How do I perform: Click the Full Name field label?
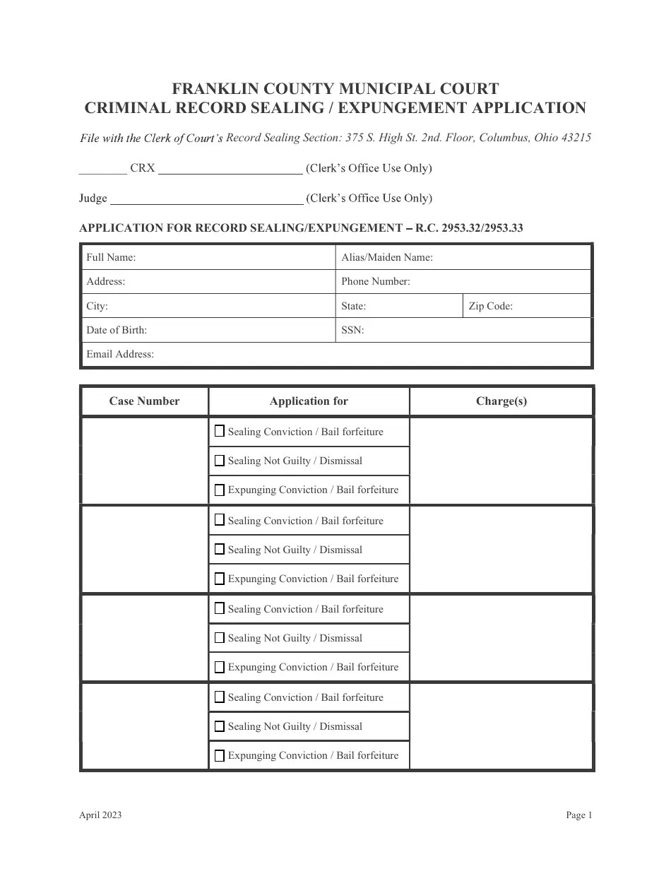click(x=111, y=257)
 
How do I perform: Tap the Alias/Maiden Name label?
click(x=387, y=257)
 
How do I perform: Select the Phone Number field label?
click(x=376, y=281)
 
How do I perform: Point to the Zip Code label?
click(x=491, y=306)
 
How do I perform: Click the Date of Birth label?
click(x=117, y=330)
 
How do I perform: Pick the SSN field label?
click(x=353, y=330)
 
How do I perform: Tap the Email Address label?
click(x=120, y=354)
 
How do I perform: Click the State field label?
click(x=354, y=306)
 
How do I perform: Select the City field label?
click(x=97, y=306)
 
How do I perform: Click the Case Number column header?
click(x=144, y=401)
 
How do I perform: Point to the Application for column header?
click(x=309, y=401)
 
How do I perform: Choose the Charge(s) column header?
click(x=501, y=401)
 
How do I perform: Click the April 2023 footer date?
click(x=100, y=815)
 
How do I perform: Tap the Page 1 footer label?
click(x=579, y=815)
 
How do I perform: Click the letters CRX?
click(x=143, y=168)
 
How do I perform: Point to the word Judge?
click(x=93, y=198)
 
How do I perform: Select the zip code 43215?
click(x=576, y=138)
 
